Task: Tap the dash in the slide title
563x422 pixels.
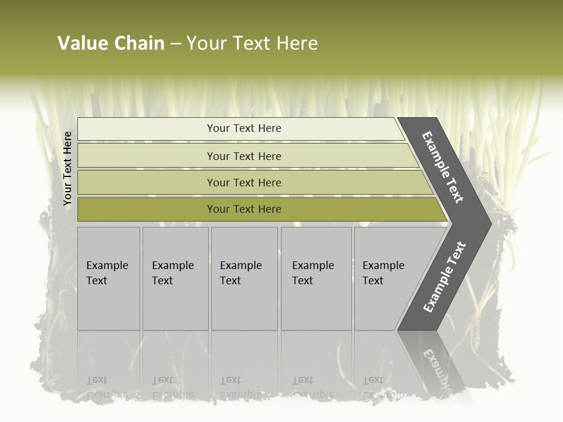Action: [x=175, y=43]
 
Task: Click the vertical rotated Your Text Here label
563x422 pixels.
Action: [x=67, y=169]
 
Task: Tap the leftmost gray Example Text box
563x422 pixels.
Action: [x=108, y=278]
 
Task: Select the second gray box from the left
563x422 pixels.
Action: [x=175, y=278]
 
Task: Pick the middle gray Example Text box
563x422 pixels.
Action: [x=244, y=278]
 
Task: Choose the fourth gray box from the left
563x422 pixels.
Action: [x=316, y=278]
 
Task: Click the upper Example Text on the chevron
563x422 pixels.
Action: [x=443, y=167]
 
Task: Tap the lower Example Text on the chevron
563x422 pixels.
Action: [x=444, y=277]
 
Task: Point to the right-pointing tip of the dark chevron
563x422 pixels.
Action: [x=488, y=223]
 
